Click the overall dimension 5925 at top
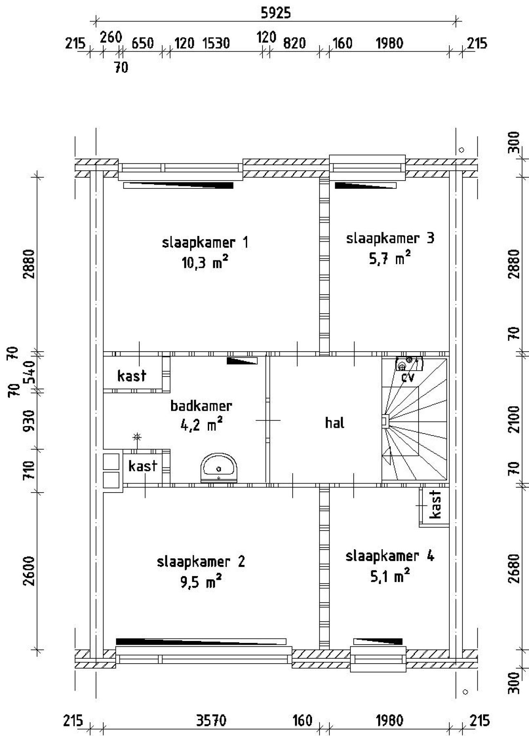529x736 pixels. click(x=276, y=13)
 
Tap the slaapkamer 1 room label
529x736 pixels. click(x=205, y=243)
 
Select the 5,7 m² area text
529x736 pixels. click(x=390, y=259)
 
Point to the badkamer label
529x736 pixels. click(x=201, y=406)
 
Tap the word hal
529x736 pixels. click(x=334, y=423)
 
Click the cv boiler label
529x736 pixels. click(x=407, y=377)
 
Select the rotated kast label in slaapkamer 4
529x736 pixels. click(x=435, y=505)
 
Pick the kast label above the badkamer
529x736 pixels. click(x=132, y=376)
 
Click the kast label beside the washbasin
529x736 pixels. click(x=143, y=466)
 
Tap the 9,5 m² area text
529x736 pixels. click(x=201, y=582)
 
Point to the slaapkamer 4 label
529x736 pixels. click(x=390, y=556)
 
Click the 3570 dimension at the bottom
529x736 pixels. click(x=211, y=721)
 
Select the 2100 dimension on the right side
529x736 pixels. click(x=514, y=419)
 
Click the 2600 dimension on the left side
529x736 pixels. click(x=29, y=571)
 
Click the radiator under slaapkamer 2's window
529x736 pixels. click(x=201, y=641)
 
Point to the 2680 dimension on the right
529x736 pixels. click(x=514, y=569)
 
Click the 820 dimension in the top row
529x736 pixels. click(x=294, y=43)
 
